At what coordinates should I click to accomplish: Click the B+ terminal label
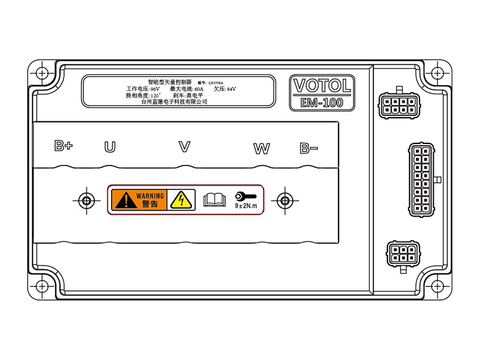[63, 146]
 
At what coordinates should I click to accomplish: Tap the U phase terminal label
[110, 147]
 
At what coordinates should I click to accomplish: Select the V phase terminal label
[185, 146]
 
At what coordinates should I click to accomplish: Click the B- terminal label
[309, 148]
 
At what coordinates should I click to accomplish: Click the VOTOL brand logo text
[321, 85]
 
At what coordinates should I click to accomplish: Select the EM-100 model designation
[322, 103]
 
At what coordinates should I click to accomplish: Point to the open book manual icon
[213, 200]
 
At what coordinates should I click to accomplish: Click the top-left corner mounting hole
[41, 73]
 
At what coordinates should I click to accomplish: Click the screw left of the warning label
[86, 200]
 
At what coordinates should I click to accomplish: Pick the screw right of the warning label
[284, 200]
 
